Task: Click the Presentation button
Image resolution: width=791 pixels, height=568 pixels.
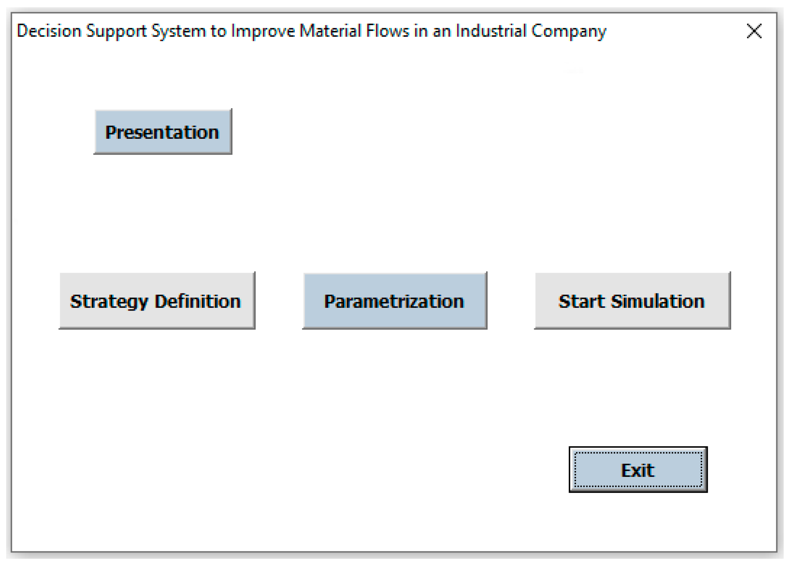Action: (x=163, y=132)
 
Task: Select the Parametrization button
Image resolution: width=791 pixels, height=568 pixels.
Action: (x=394, y=301)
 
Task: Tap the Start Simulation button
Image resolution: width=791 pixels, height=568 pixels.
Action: (x=632, y=301)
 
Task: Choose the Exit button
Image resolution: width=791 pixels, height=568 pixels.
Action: (x=638, y=470)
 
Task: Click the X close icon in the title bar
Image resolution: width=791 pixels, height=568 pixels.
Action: (x=754, y=31)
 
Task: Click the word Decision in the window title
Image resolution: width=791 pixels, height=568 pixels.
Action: (x=49, y=31)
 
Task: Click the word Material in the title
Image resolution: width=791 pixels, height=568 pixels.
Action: (x=330, y=31)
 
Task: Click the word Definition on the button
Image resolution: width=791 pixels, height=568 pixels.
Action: (x=198, y=301)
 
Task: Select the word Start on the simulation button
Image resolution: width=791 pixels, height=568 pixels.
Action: (x=581, y=301)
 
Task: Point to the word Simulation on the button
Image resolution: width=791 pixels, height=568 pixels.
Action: (x=658, y=301)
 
